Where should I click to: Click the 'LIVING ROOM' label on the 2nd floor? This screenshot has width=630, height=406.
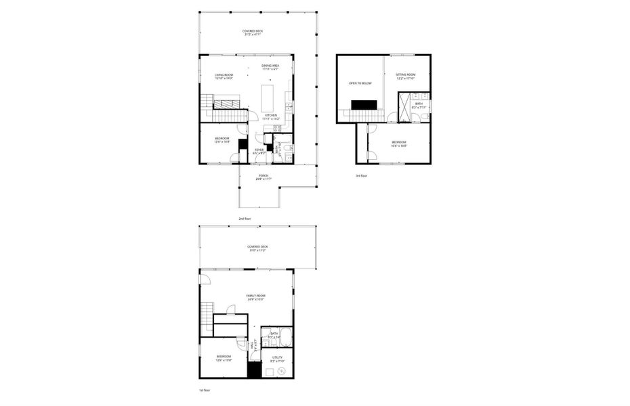224,75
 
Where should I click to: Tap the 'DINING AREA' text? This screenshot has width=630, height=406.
270,66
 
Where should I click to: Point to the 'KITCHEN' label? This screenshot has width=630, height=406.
271,116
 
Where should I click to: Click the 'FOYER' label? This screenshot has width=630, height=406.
259,150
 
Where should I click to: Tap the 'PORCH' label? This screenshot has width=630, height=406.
263,176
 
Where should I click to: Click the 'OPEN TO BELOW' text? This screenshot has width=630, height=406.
360,83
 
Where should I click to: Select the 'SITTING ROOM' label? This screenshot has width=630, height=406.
405,74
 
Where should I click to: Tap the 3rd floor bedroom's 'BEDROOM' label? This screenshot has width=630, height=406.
398,142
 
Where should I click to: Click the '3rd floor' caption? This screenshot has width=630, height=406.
362,176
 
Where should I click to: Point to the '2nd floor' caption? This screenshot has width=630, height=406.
245,219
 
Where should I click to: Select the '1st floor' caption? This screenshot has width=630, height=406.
205,390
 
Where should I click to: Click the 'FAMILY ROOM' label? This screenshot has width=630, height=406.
255,296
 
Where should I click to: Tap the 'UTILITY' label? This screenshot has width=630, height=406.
277,357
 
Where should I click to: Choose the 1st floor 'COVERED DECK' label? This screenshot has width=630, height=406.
257,247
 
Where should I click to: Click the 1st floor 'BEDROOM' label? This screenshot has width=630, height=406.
224,357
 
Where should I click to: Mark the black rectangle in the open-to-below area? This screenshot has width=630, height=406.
364,104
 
